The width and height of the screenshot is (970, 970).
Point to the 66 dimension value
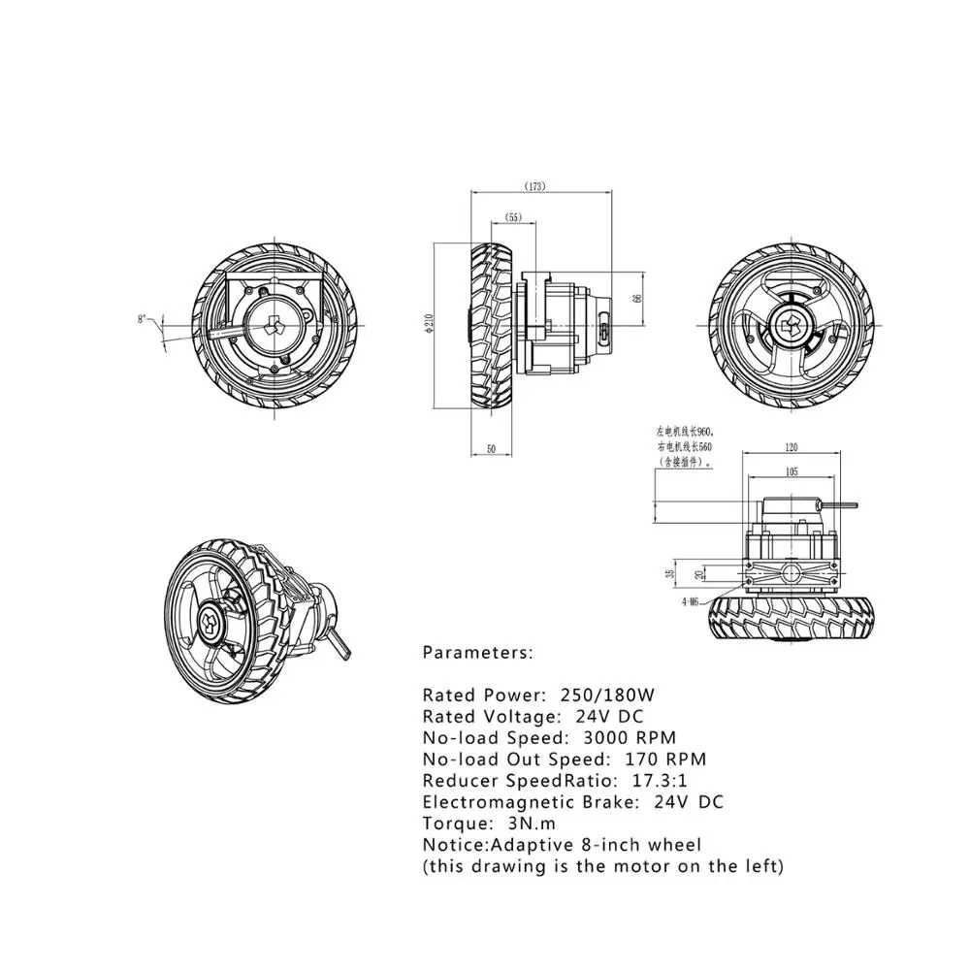[x=637, y=298]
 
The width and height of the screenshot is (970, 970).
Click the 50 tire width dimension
[x=491, y=449]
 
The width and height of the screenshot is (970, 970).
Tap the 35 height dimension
[x=670, y=572]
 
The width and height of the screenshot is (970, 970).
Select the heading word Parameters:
[x=477, y=653]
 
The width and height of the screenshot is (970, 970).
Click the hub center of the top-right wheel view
[x=788, y=324]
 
